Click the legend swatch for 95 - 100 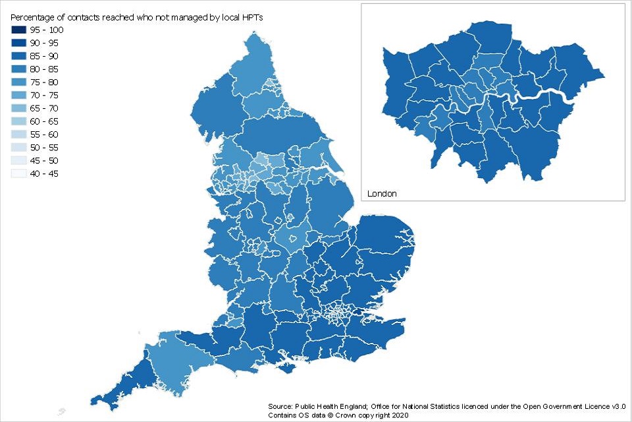click(18, 30)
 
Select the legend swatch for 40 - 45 click(18, 174)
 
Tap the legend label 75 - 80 click(44, 82)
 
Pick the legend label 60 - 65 click(44, 122)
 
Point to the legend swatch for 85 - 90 click(18, 57)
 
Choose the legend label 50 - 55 click(44, 148)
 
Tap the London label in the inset click(382, 194)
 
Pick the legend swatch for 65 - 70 click(18, 109)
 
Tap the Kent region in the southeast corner click(375, 330)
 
